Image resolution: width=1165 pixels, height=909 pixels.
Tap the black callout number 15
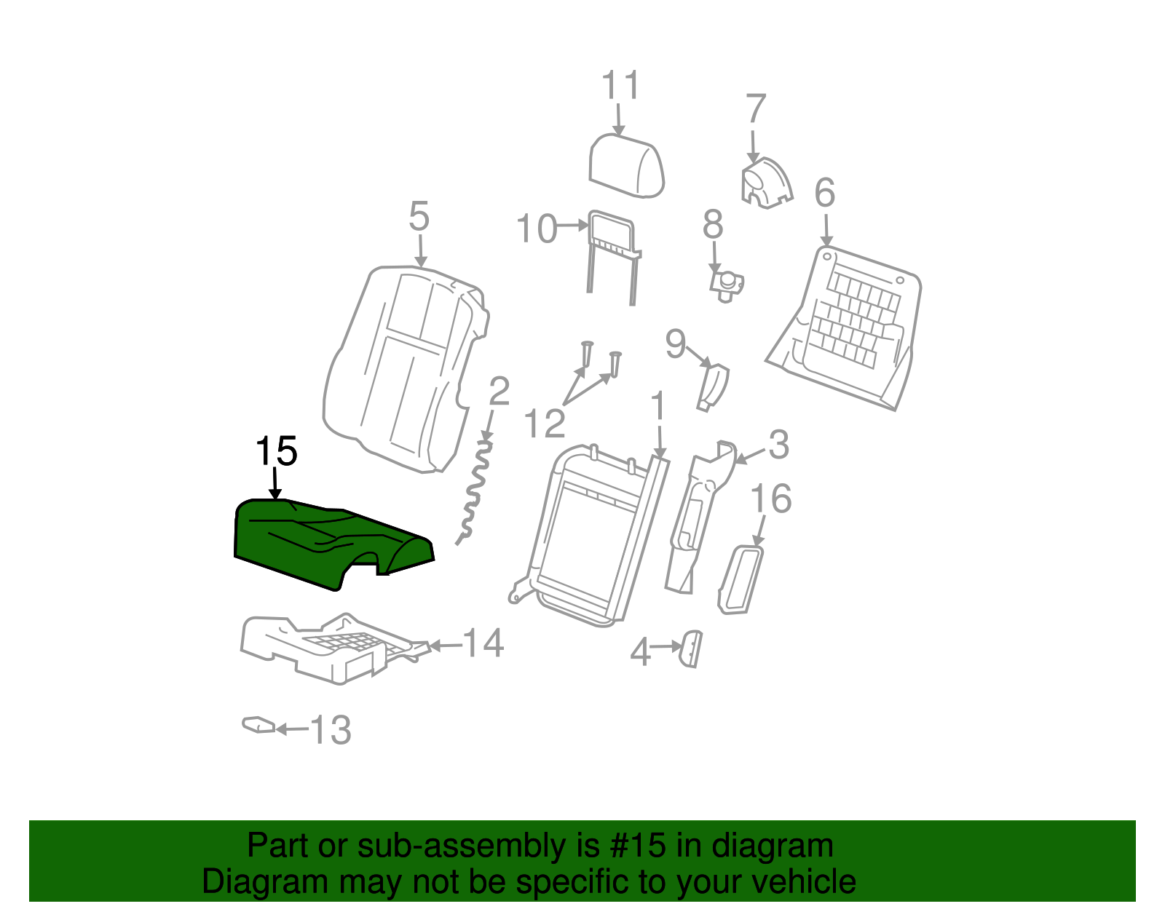tap(276, 452)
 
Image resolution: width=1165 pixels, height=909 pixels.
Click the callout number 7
tap(756, 110)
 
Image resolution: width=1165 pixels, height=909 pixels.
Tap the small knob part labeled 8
tap(727, 284)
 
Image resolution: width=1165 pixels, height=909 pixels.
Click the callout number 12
tap(544, 424)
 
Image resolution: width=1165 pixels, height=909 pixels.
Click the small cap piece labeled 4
tap(691, 648)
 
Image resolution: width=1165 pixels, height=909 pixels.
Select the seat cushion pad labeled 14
tap(320, 648)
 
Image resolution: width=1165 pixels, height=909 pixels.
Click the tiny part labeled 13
tap(258, 725)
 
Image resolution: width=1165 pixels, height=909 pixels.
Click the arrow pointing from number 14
tap(446, 646)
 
